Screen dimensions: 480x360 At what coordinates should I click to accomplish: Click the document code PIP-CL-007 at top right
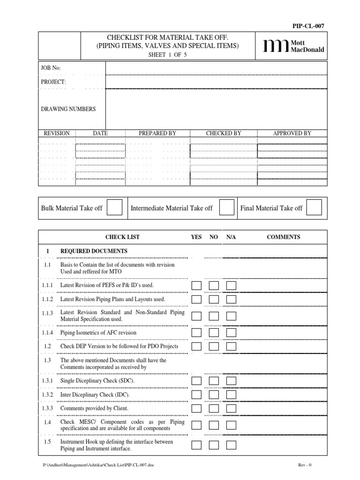308,26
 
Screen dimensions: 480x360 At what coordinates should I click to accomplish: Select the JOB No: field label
51,68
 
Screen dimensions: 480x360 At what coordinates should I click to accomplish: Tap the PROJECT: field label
53,82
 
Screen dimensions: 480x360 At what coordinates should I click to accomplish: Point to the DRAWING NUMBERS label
68,109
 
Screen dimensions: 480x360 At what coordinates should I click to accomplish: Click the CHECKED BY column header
224,133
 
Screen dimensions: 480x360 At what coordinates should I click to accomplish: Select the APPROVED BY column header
292,133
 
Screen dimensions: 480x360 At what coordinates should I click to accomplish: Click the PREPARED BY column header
157,133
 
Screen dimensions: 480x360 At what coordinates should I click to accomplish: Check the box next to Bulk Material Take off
114,208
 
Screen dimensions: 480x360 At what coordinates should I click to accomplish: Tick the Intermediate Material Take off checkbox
227,208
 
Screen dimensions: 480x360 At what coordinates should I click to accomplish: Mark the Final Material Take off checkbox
314,208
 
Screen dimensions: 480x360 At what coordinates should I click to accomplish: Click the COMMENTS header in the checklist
284,237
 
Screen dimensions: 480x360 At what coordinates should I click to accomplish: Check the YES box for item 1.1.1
197,285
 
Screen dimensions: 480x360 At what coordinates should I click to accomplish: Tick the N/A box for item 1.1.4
231,332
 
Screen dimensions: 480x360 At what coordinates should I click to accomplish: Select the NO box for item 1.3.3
214,408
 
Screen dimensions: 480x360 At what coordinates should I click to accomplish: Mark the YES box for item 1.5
197,445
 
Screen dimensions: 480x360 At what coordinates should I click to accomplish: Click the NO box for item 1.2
214,346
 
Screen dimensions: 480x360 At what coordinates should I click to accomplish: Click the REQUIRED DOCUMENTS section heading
94,251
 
